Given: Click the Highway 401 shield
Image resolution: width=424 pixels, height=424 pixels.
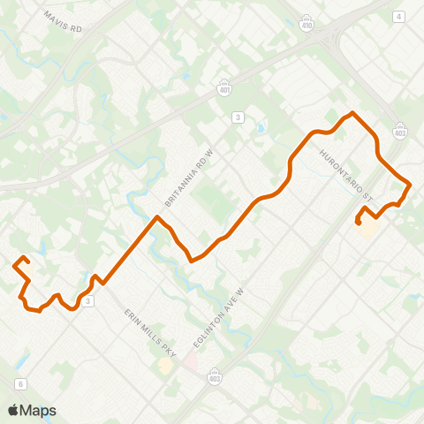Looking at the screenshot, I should coord(225,87).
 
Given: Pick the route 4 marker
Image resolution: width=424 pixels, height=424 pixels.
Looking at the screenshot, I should coord(399,17).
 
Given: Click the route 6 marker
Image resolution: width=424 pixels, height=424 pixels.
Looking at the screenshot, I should coord(20,382).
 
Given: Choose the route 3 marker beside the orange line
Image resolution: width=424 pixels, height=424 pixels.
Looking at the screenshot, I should coord(88,301).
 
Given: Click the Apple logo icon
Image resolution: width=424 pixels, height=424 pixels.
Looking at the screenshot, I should coord(13,410).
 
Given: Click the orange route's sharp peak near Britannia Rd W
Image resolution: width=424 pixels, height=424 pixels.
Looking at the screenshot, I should coord(157,216).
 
